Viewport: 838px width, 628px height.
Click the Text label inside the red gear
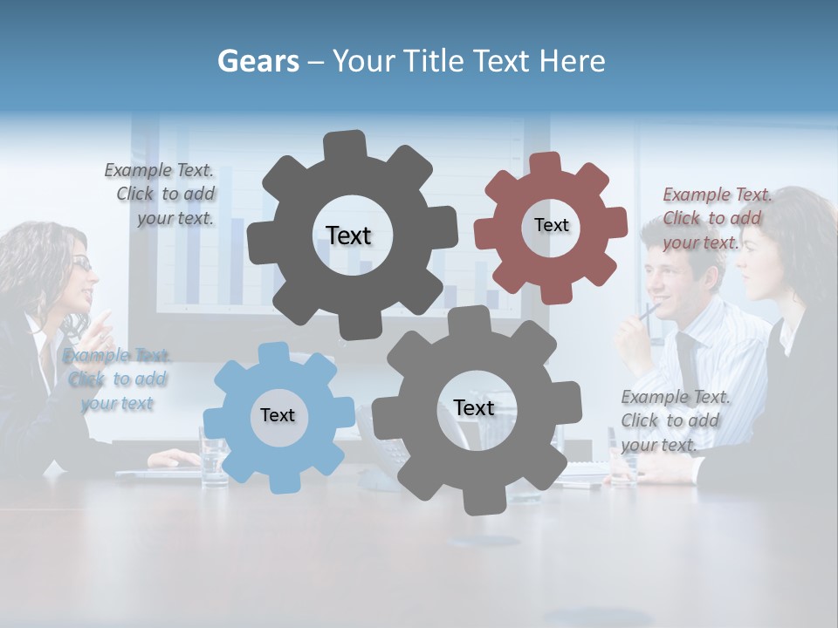(x=551, y=225)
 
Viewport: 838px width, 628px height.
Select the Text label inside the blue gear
(x=278, y=415)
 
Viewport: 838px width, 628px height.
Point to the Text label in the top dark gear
(x=348, y=235)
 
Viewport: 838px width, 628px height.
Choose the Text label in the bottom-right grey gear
(x=474, y=407)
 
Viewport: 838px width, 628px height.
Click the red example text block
(x=717, y=218)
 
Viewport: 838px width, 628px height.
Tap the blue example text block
(x=117, y=379)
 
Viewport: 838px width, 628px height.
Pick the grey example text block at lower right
(x=675, y=420)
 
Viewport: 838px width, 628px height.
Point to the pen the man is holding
(x=648, y=310)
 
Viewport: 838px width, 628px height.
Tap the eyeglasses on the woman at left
(x=81, y=263)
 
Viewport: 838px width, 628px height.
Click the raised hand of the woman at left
(x=102, y=327)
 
